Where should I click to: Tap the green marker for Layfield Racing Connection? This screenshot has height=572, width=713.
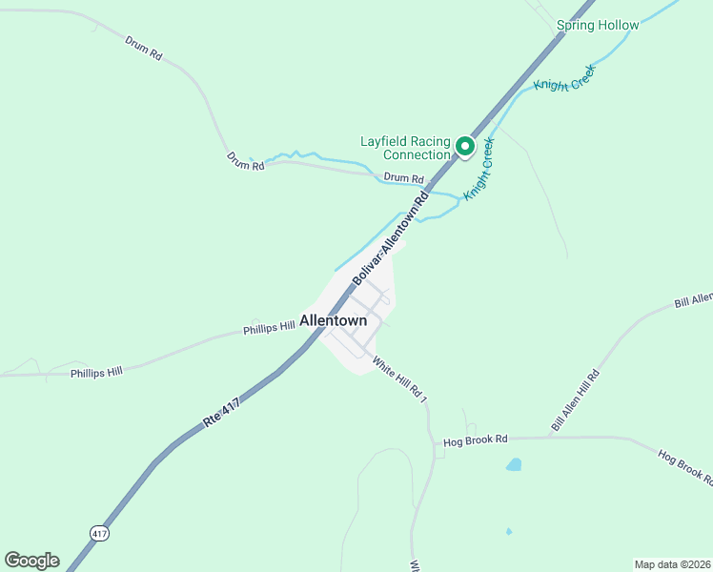(x=465, y=146)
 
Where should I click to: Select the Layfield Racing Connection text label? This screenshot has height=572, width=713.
(x=404, y=148)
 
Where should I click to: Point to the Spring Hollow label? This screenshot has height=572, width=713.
(x=598, y=25)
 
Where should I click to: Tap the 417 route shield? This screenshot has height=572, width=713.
(x=100, y=533)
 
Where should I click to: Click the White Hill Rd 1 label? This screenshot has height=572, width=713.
(x=399, y=378)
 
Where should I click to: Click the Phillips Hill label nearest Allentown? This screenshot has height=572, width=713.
(x=269, y=328)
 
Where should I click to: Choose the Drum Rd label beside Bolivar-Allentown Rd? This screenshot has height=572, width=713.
(x=403, y=178)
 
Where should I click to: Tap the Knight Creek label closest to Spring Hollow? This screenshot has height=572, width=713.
(x=563, y=78)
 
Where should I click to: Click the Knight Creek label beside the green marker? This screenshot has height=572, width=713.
(x=479, y=169)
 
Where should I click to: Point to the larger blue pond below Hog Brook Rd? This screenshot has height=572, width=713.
(x=514, y=465)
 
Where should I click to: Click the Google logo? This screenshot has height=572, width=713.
(x=31, y=561)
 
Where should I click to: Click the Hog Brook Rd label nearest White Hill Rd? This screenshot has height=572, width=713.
(x=476, y=440)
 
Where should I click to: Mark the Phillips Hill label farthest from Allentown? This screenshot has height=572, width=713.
(x=96, y=373)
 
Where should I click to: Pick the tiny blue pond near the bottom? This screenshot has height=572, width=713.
(x=509, y=531)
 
